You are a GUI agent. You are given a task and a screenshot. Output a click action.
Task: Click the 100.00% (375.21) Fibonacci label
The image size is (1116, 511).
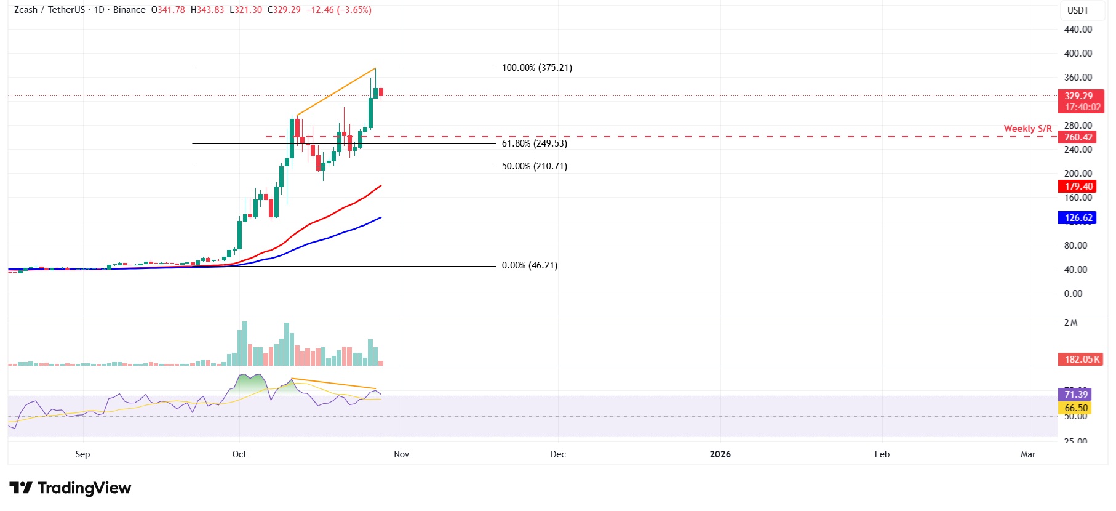[536, 68]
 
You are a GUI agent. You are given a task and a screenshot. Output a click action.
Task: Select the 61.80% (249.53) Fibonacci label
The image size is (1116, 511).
[534, 143]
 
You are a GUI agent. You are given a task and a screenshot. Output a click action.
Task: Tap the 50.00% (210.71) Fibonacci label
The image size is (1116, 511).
[534, 166]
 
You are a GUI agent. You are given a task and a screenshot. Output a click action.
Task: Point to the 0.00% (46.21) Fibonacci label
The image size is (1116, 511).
[529, 265]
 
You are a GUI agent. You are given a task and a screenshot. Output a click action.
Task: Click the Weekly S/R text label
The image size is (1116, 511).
[1027, 129]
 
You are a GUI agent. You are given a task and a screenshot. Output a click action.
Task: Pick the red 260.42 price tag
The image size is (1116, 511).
[1078, 137]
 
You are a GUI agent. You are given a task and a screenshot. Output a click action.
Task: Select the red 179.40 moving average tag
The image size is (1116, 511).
[1078, 187]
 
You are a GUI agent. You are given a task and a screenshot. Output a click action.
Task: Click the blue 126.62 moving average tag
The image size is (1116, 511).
[1078, 218]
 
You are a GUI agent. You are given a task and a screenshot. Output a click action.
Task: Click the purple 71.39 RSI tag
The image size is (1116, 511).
[1076, 395]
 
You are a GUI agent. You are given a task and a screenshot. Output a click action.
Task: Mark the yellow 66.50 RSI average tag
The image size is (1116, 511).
[1076, 408]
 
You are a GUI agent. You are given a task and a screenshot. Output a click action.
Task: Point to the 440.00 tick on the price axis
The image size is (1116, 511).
[1078, 30]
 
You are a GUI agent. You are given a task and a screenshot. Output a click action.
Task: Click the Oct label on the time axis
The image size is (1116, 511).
[239, 454]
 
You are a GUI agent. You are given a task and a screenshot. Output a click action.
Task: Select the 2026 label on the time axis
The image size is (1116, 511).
[720, 454]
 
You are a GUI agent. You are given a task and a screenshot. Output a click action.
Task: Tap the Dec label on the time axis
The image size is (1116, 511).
[558, 454]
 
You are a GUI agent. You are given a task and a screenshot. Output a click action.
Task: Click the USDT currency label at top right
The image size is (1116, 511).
[1078, 10]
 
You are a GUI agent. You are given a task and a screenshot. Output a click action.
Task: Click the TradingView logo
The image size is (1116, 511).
[70, 488]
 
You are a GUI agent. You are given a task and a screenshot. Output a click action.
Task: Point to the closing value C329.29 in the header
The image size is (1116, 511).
[284, 10]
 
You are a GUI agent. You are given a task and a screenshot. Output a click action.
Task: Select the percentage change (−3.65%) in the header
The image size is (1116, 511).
[354, 10]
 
